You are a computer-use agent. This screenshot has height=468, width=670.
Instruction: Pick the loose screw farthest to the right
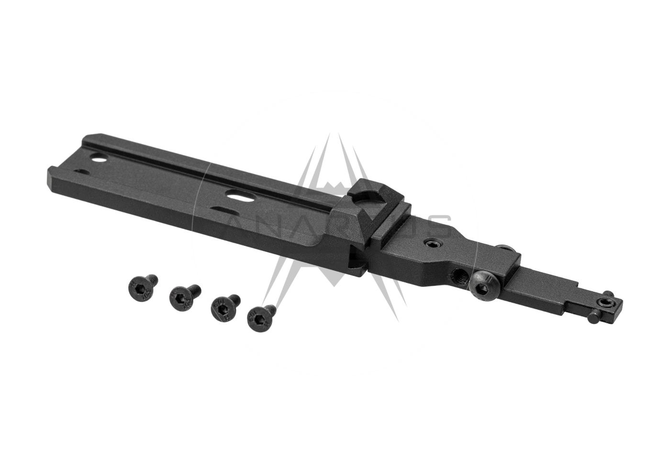261,316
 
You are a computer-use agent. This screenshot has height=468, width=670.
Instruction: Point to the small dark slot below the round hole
82,172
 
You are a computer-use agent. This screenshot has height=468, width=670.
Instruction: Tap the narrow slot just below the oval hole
222,209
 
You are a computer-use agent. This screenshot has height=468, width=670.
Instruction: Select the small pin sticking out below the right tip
594,317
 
